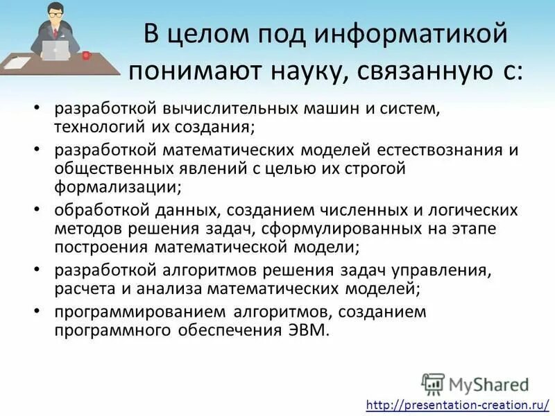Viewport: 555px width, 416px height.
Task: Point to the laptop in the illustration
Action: [x=56, y=49]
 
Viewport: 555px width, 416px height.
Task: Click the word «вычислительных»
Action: [x=219, y=110]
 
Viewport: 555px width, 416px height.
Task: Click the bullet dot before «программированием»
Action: [x=37, y=311]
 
